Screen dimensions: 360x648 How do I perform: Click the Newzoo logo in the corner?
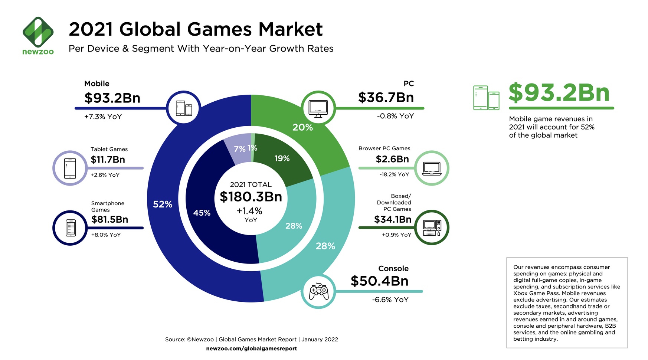(38, 36)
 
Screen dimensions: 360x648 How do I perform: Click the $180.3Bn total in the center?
(251, 197)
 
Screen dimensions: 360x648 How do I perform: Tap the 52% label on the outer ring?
(163, 204)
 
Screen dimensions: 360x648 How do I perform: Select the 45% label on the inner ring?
(202, 213)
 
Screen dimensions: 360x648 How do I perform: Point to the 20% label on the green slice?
(302, 127)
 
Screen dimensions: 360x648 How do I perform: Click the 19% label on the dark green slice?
(282, 158)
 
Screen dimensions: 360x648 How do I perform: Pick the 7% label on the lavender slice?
(239, 149)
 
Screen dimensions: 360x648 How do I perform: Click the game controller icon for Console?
(318, 291)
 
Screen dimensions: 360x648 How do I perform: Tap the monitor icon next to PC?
(318, 108)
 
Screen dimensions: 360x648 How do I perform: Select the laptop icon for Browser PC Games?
(432, 168)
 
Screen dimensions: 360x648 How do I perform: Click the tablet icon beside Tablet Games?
(70, 168)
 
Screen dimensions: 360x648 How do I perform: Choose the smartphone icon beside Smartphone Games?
(71, 228)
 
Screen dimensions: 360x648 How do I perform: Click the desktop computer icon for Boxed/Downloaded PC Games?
(432, 228)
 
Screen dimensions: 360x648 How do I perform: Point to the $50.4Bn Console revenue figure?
(379, 281)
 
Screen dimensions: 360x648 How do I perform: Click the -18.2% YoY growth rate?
(394, 174)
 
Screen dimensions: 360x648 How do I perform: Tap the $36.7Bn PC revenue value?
(386, 98)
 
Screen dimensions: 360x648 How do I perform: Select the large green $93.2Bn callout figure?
(559, 93)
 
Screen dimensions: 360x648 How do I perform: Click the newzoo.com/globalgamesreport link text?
(251, 348)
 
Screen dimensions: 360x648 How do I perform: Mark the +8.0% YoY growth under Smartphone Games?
(106, 235)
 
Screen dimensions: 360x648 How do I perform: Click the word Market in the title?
(290, 29)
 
